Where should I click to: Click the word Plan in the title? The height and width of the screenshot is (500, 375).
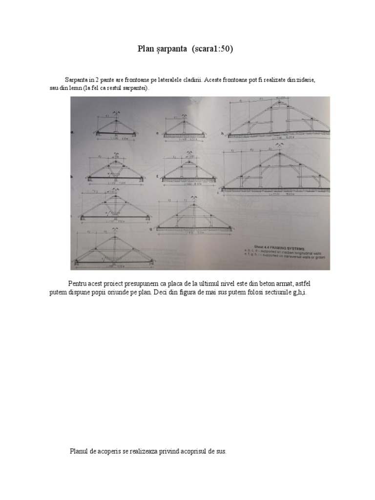(x=145, y=49)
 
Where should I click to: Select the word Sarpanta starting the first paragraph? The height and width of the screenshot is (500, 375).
(x=77, y=80)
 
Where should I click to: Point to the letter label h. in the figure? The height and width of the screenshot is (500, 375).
(x=222, y=133)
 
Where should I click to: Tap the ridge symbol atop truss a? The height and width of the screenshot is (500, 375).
(x=115, y=113)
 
